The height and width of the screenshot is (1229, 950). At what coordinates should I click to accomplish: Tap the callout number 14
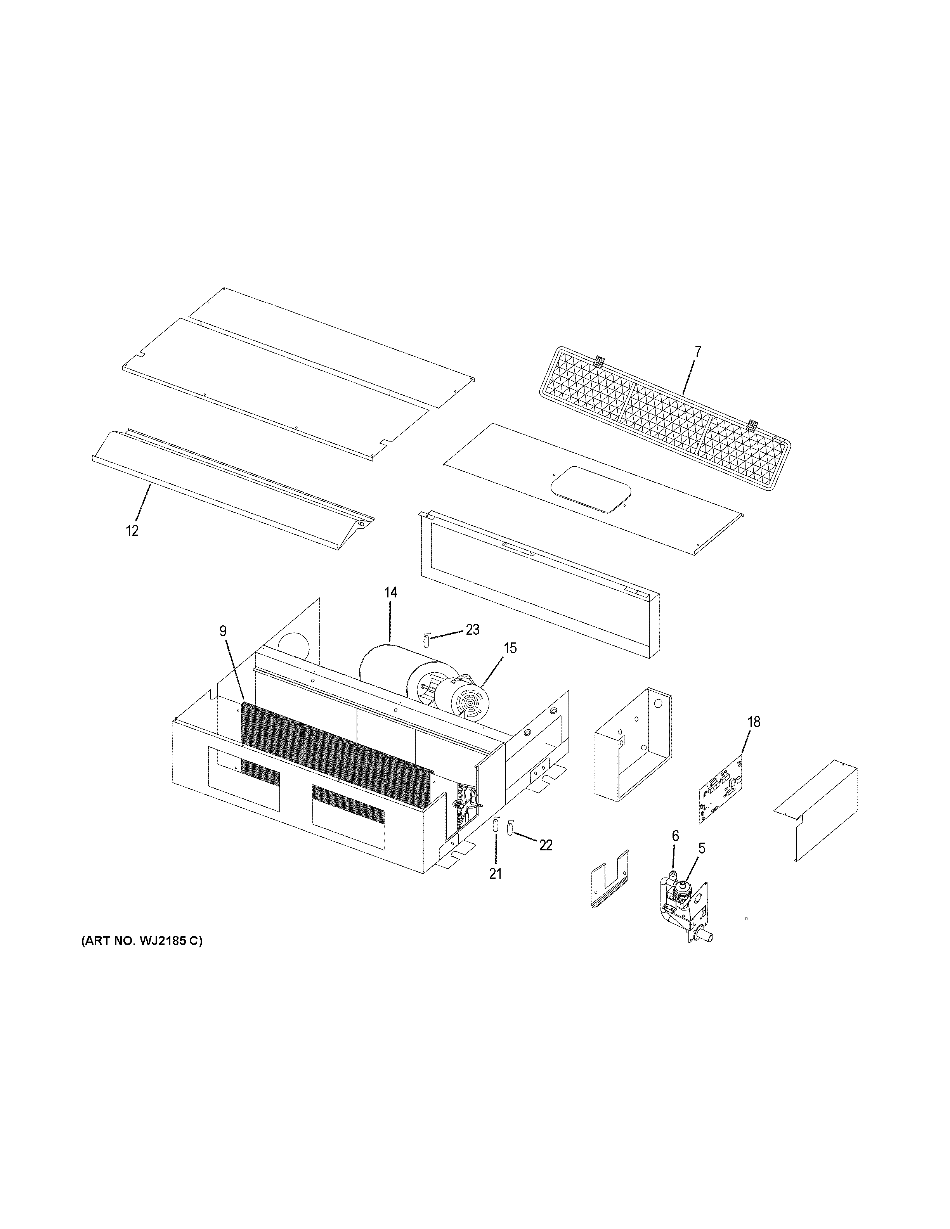tap(390, 592)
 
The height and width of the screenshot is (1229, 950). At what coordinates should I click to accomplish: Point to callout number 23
tap(472, 630)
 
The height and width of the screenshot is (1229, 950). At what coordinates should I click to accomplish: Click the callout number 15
tap(510, 648)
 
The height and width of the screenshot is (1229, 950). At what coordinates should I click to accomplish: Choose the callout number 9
tap(224, 632)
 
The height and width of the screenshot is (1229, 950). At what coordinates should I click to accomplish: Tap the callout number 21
tap(495, 873)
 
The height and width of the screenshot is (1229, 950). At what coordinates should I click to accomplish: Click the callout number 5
tap(701, 864)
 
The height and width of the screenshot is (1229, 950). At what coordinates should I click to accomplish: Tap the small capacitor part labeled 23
tap(426, 640)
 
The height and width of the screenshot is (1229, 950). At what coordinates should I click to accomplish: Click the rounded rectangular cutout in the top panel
tap(588, 488)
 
